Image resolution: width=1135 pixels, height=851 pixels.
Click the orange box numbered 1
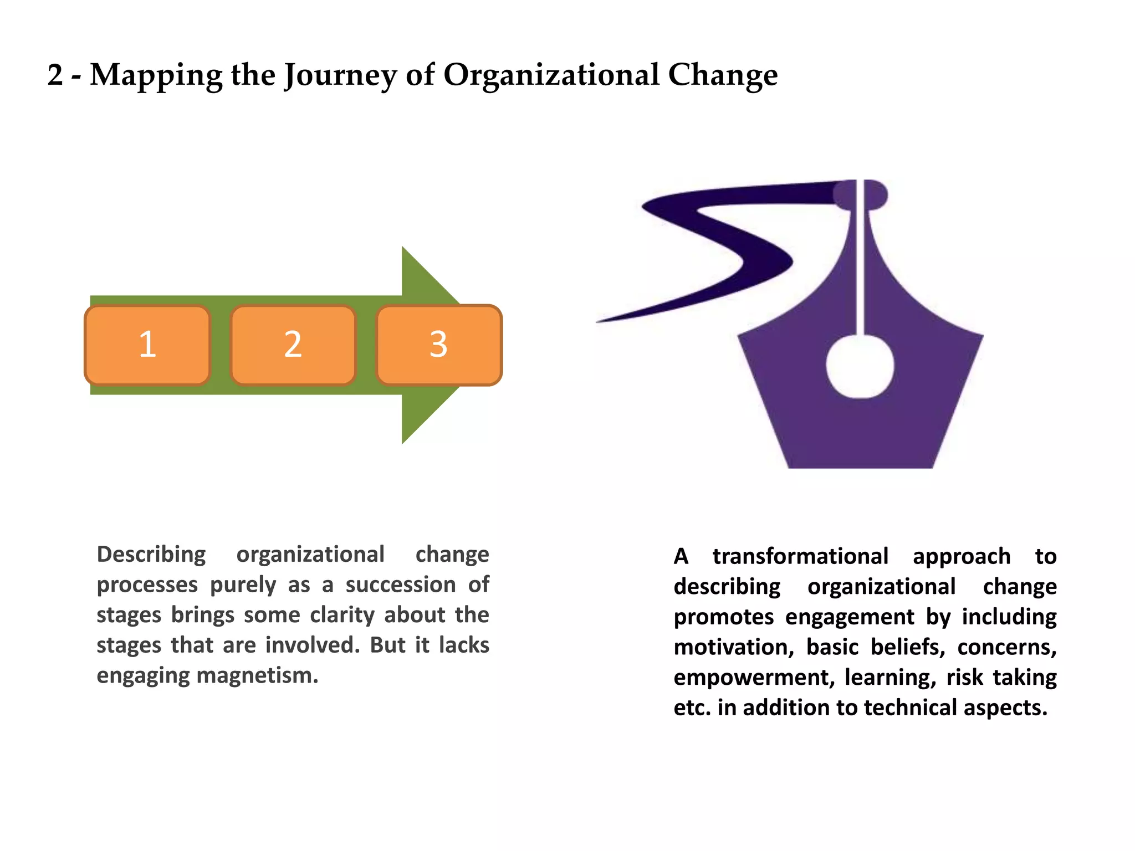[147, 345]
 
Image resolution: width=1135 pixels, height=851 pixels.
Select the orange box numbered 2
[293, 345]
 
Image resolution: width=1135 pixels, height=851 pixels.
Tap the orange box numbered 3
[438, 345]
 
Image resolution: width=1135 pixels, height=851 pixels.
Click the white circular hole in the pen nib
[860, 366]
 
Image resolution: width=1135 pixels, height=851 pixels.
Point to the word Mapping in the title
[156, 75]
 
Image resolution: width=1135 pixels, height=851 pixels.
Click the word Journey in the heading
[340, 75]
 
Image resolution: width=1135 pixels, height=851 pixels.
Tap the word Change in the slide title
[723, 75]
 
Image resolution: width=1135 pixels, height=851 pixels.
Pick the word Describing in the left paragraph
[151, 554]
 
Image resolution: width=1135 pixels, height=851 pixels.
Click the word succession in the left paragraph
[401, 585]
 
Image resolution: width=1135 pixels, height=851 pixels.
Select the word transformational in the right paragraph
[800, 556]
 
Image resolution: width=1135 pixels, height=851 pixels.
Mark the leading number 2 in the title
[55, 75]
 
